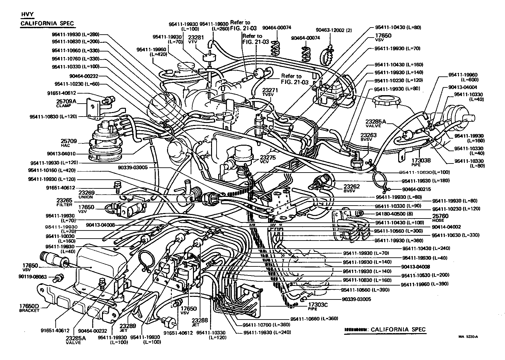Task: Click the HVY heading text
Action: [27, 15]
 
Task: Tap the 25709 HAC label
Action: [69, 143]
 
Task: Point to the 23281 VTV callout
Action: [196, 39]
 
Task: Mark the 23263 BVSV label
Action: [368, 137]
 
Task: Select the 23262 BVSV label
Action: [352, 188]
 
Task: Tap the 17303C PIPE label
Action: [318, 307]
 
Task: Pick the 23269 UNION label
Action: [86, 195]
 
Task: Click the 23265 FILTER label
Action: [64, 202]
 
